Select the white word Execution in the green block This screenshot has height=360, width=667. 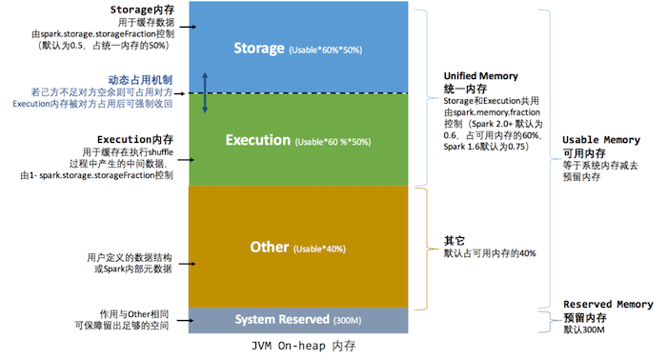[x=257, y=140]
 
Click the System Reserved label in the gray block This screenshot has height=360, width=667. [x=282, y=318]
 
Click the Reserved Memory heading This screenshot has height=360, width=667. [x=608, y=305]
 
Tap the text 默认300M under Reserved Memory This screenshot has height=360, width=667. [x=584, y=330]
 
